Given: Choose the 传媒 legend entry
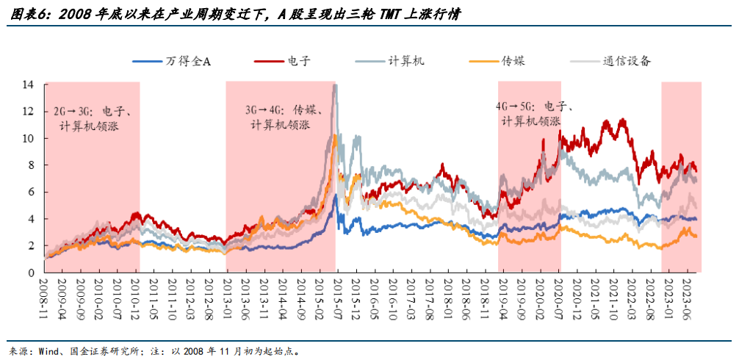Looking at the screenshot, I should click(513, 61).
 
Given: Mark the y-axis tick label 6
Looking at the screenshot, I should click(31, 192).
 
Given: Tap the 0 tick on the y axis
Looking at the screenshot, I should click(31, 273).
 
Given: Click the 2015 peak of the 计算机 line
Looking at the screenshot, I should click(335, 86).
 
